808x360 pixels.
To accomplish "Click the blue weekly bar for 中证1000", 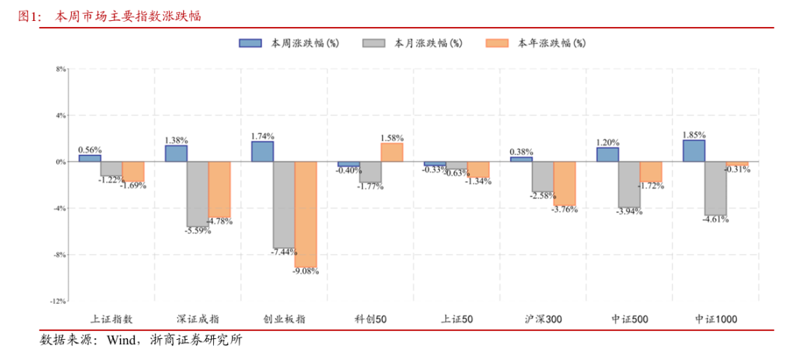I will pos(694,150).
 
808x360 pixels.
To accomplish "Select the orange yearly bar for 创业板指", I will pos(305,215).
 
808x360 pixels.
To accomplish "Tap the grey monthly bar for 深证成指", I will pos(198,194).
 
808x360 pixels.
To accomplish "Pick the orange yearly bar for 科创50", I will pos(391,152).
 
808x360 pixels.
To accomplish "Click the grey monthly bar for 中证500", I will pos(629,184).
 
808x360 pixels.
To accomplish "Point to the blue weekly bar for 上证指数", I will pos(90,158).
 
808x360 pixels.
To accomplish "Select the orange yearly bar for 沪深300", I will pos(565,183).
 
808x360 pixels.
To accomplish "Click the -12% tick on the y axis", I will pos(58,302).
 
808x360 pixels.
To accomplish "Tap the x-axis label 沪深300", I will pos(543,319).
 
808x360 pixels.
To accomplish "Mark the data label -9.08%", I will pos(305,271).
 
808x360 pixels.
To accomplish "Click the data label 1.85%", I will pos(694,135).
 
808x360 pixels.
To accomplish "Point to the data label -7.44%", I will pos(284,252).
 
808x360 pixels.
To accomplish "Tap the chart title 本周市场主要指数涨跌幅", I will pos(128,16).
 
